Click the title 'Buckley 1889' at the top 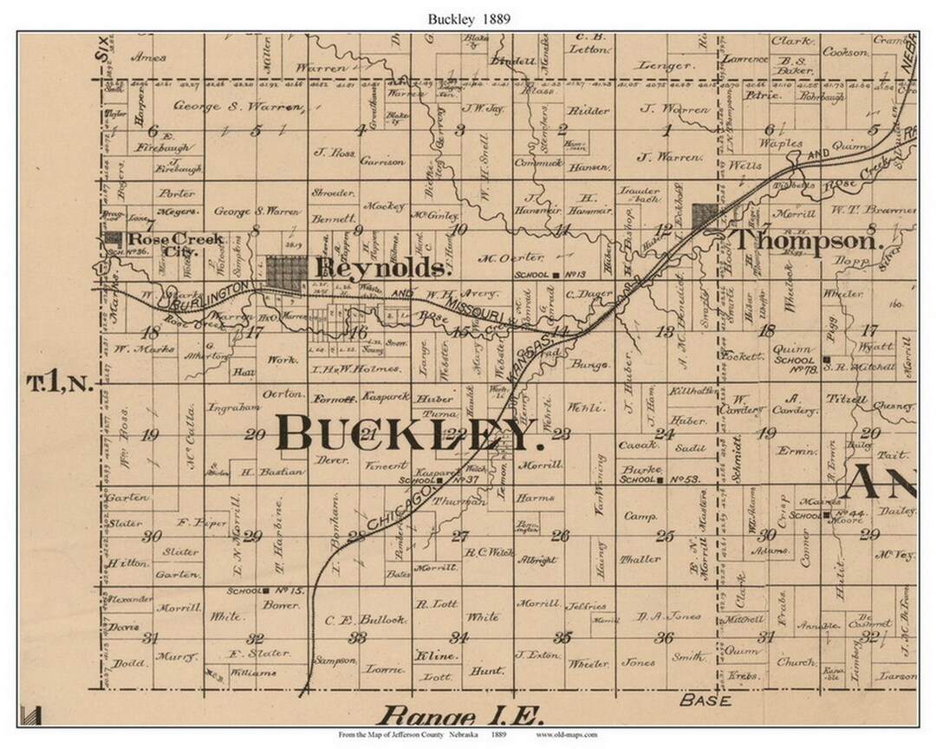click(x=468, y=16)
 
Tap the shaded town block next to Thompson click(x=705, y=214)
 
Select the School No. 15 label click(x=253, y=590)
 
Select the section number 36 click(x=666, y=638)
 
